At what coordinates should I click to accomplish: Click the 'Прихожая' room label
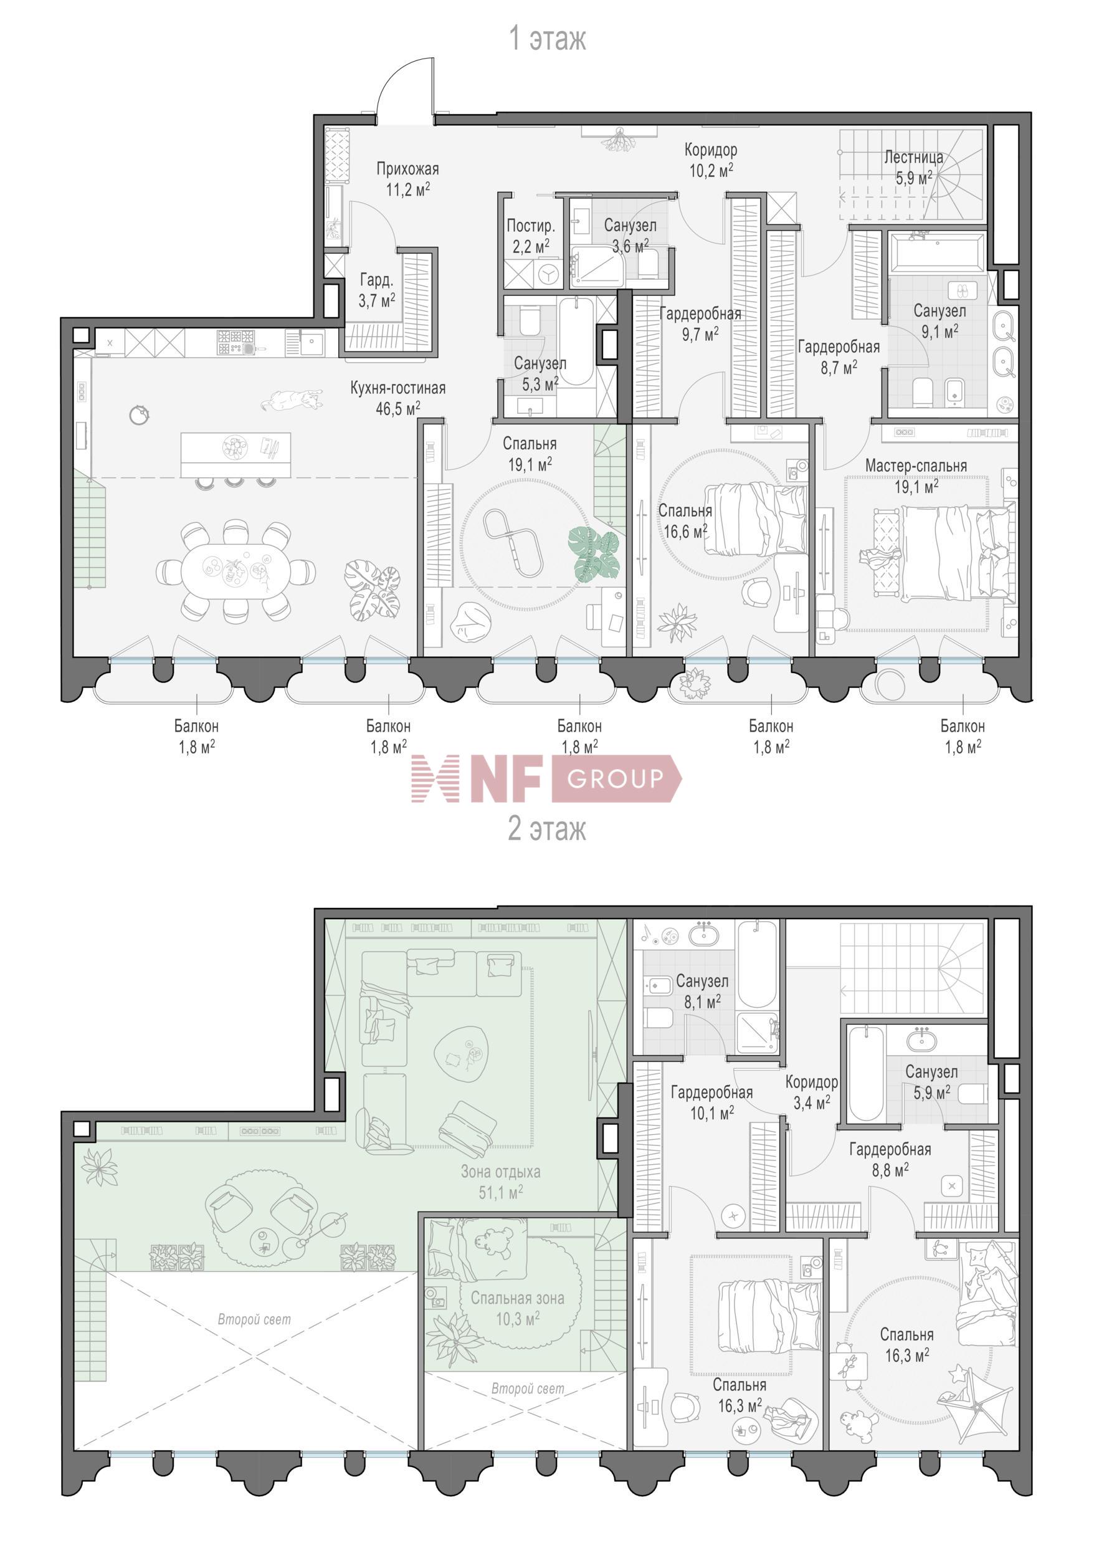pos(407,169)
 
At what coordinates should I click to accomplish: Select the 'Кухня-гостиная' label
pos(397,388)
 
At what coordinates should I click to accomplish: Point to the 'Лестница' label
pos(913,158)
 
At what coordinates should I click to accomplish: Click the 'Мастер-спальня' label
pos(916,466)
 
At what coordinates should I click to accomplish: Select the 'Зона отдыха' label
pos(500,1171)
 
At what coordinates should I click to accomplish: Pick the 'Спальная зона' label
pos(518,1298)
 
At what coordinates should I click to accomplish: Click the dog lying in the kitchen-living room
pos(292,399)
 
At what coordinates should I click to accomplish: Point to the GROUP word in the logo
pos(615,779)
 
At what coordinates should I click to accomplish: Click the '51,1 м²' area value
pos(500,1192)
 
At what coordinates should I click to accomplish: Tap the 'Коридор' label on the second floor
pos(811,1082)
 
